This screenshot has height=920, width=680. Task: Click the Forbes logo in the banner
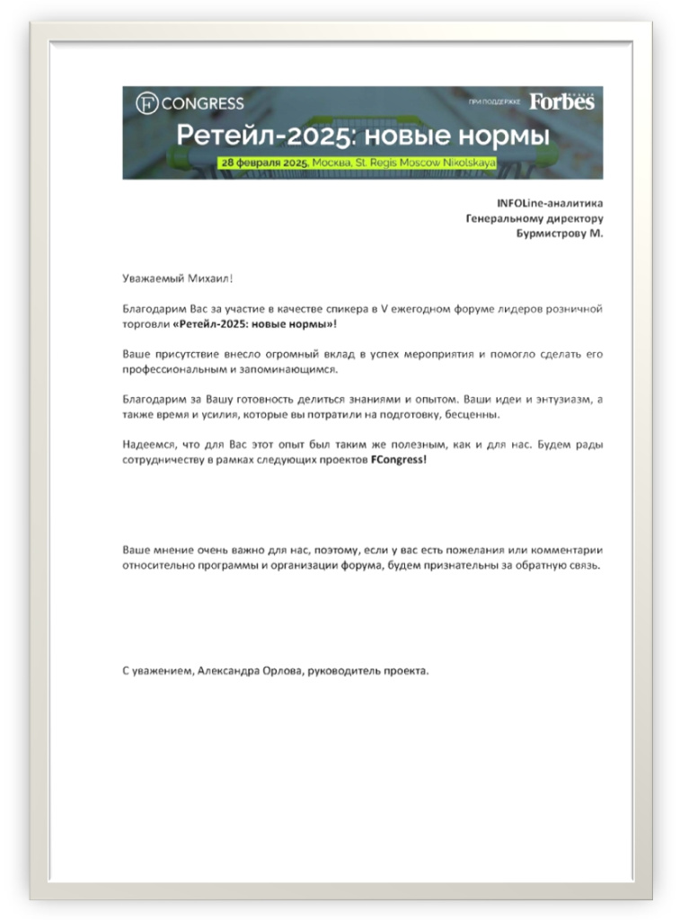pyautogui.click(x=561, y=102)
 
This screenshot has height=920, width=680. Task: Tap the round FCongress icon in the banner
pyautogui.click(x=146, y=104)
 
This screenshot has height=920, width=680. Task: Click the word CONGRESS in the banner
pyautogui.click(x=202, y=104)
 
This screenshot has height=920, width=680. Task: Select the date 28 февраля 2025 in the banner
pyautogui.click(x=264, y=163)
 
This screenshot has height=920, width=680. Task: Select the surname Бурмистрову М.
pyautogui.click(x=561, y=234)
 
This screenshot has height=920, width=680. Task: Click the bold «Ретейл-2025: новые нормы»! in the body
pyautogui.click(x=254, y=324)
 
